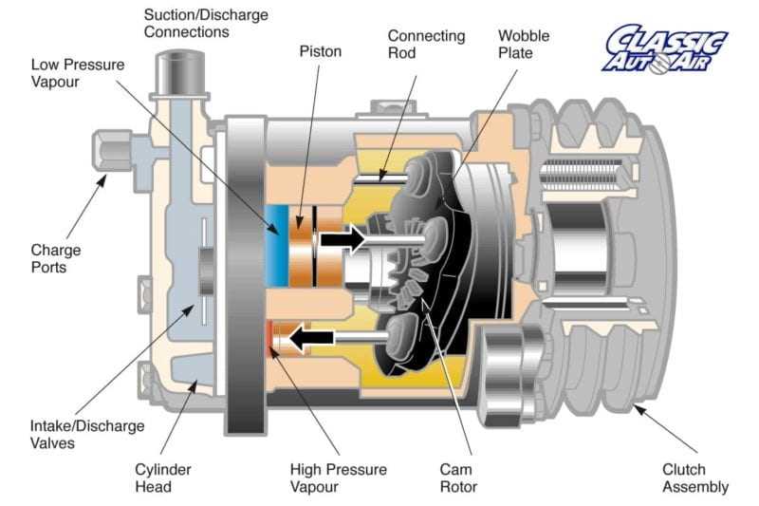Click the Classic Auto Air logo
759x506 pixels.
666,48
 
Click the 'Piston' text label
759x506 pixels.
321,51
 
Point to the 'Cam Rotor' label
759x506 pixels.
458,478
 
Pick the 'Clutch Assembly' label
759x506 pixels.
695,478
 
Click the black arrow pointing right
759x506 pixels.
342,238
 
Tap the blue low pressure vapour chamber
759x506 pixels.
278,238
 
